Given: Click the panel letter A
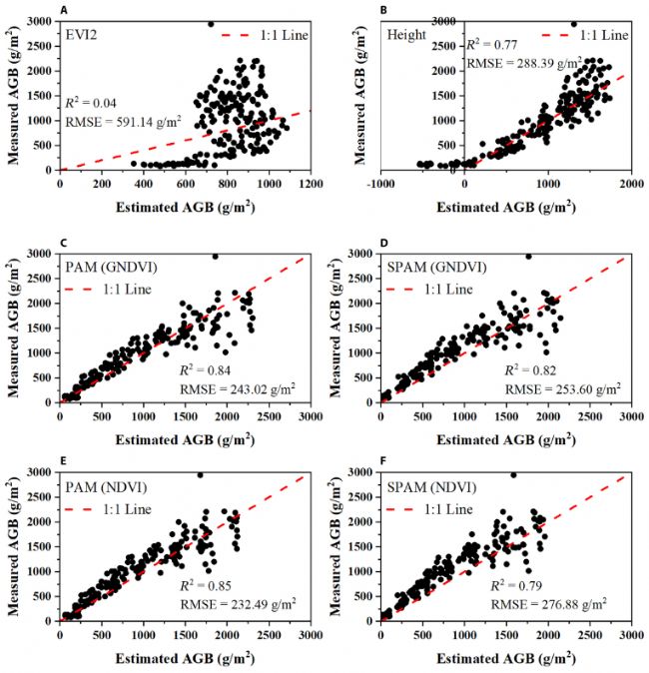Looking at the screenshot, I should pyautogui.click(x=65, y=10).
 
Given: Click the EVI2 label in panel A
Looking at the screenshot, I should pyautogui.click(x=83, y=35).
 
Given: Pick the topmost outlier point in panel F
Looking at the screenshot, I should pyautogui.click(x=513, y=474).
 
